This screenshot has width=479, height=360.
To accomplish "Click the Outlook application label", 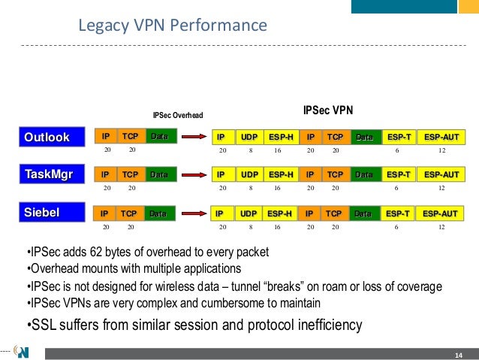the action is [x=47, y=137].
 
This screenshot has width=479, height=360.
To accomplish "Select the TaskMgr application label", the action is [x=47, y=176].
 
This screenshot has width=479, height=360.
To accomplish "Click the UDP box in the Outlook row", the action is [x=248, y=137].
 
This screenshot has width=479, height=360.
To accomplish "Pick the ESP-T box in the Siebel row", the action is [x=397, y=213].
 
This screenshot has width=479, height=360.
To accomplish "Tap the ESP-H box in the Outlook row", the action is [x=279, y=137].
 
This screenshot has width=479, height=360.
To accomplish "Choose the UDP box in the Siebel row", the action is [x=248, y=213].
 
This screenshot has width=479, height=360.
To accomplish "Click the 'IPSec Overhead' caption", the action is [x=177, y=116].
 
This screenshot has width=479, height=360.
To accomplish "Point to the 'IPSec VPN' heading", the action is [x=327, y=110].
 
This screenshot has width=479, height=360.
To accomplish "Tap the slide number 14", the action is [x=457, y=354].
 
